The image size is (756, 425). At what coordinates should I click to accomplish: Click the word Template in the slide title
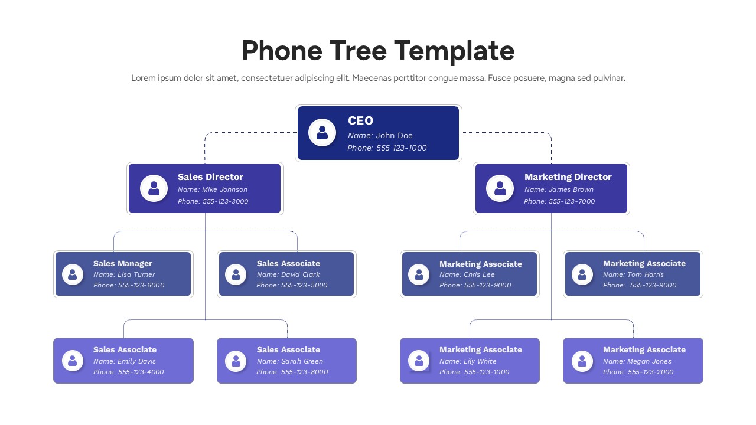(x=454, y=51)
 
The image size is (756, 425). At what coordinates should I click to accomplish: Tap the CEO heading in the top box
(x=360, y=121)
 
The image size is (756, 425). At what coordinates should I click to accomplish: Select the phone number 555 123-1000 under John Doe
(x=402, y=148)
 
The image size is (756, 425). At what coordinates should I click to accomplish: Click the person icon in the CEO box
(x=322, y=133)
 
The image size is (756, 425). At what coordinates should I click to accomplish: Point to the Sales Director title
(x=210, y=177)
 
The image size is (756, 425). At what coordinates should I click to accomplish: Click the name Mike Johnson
(x=224, y=190)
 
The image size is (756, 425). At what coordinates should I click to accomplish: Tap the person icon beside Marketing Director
(x=500, y=188)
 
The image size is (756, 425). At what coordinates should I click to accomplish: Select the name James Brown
(x=571, y=190)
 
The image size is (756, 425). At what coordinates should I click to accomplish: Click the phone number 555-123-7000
(x=572, y=201)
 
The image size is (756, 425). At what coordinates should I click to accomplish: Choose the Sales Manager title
(x=123, y=264)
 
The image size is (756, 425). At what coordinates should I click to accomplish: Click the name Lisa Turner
(x=136, y=274)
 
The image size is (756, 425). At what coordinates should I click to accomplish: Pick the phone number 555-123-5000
(x=304, y=286)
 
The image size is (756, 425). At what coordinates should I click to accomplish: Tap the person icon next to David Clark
(x=236, y=274)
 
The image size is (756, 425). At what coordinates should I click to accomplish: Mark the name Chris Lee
(x=479, y=274)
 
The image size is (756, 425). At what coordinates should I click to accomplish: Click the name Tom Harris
(x=645, y=274)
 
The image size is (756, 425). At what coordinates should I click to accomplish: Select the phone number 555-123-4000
(x=141, y=372)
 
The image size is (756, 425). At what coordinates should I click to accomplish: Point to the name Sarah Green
(x=302, y=361)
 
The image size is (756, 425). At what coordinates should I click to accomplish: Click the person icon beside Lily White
(x=419, y=360)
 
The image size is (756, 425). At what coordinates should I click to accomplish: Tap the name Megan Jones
(x=649, y=361)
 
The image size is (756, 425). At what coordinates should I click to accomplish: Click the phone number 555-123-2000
(x=650, y=372)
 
